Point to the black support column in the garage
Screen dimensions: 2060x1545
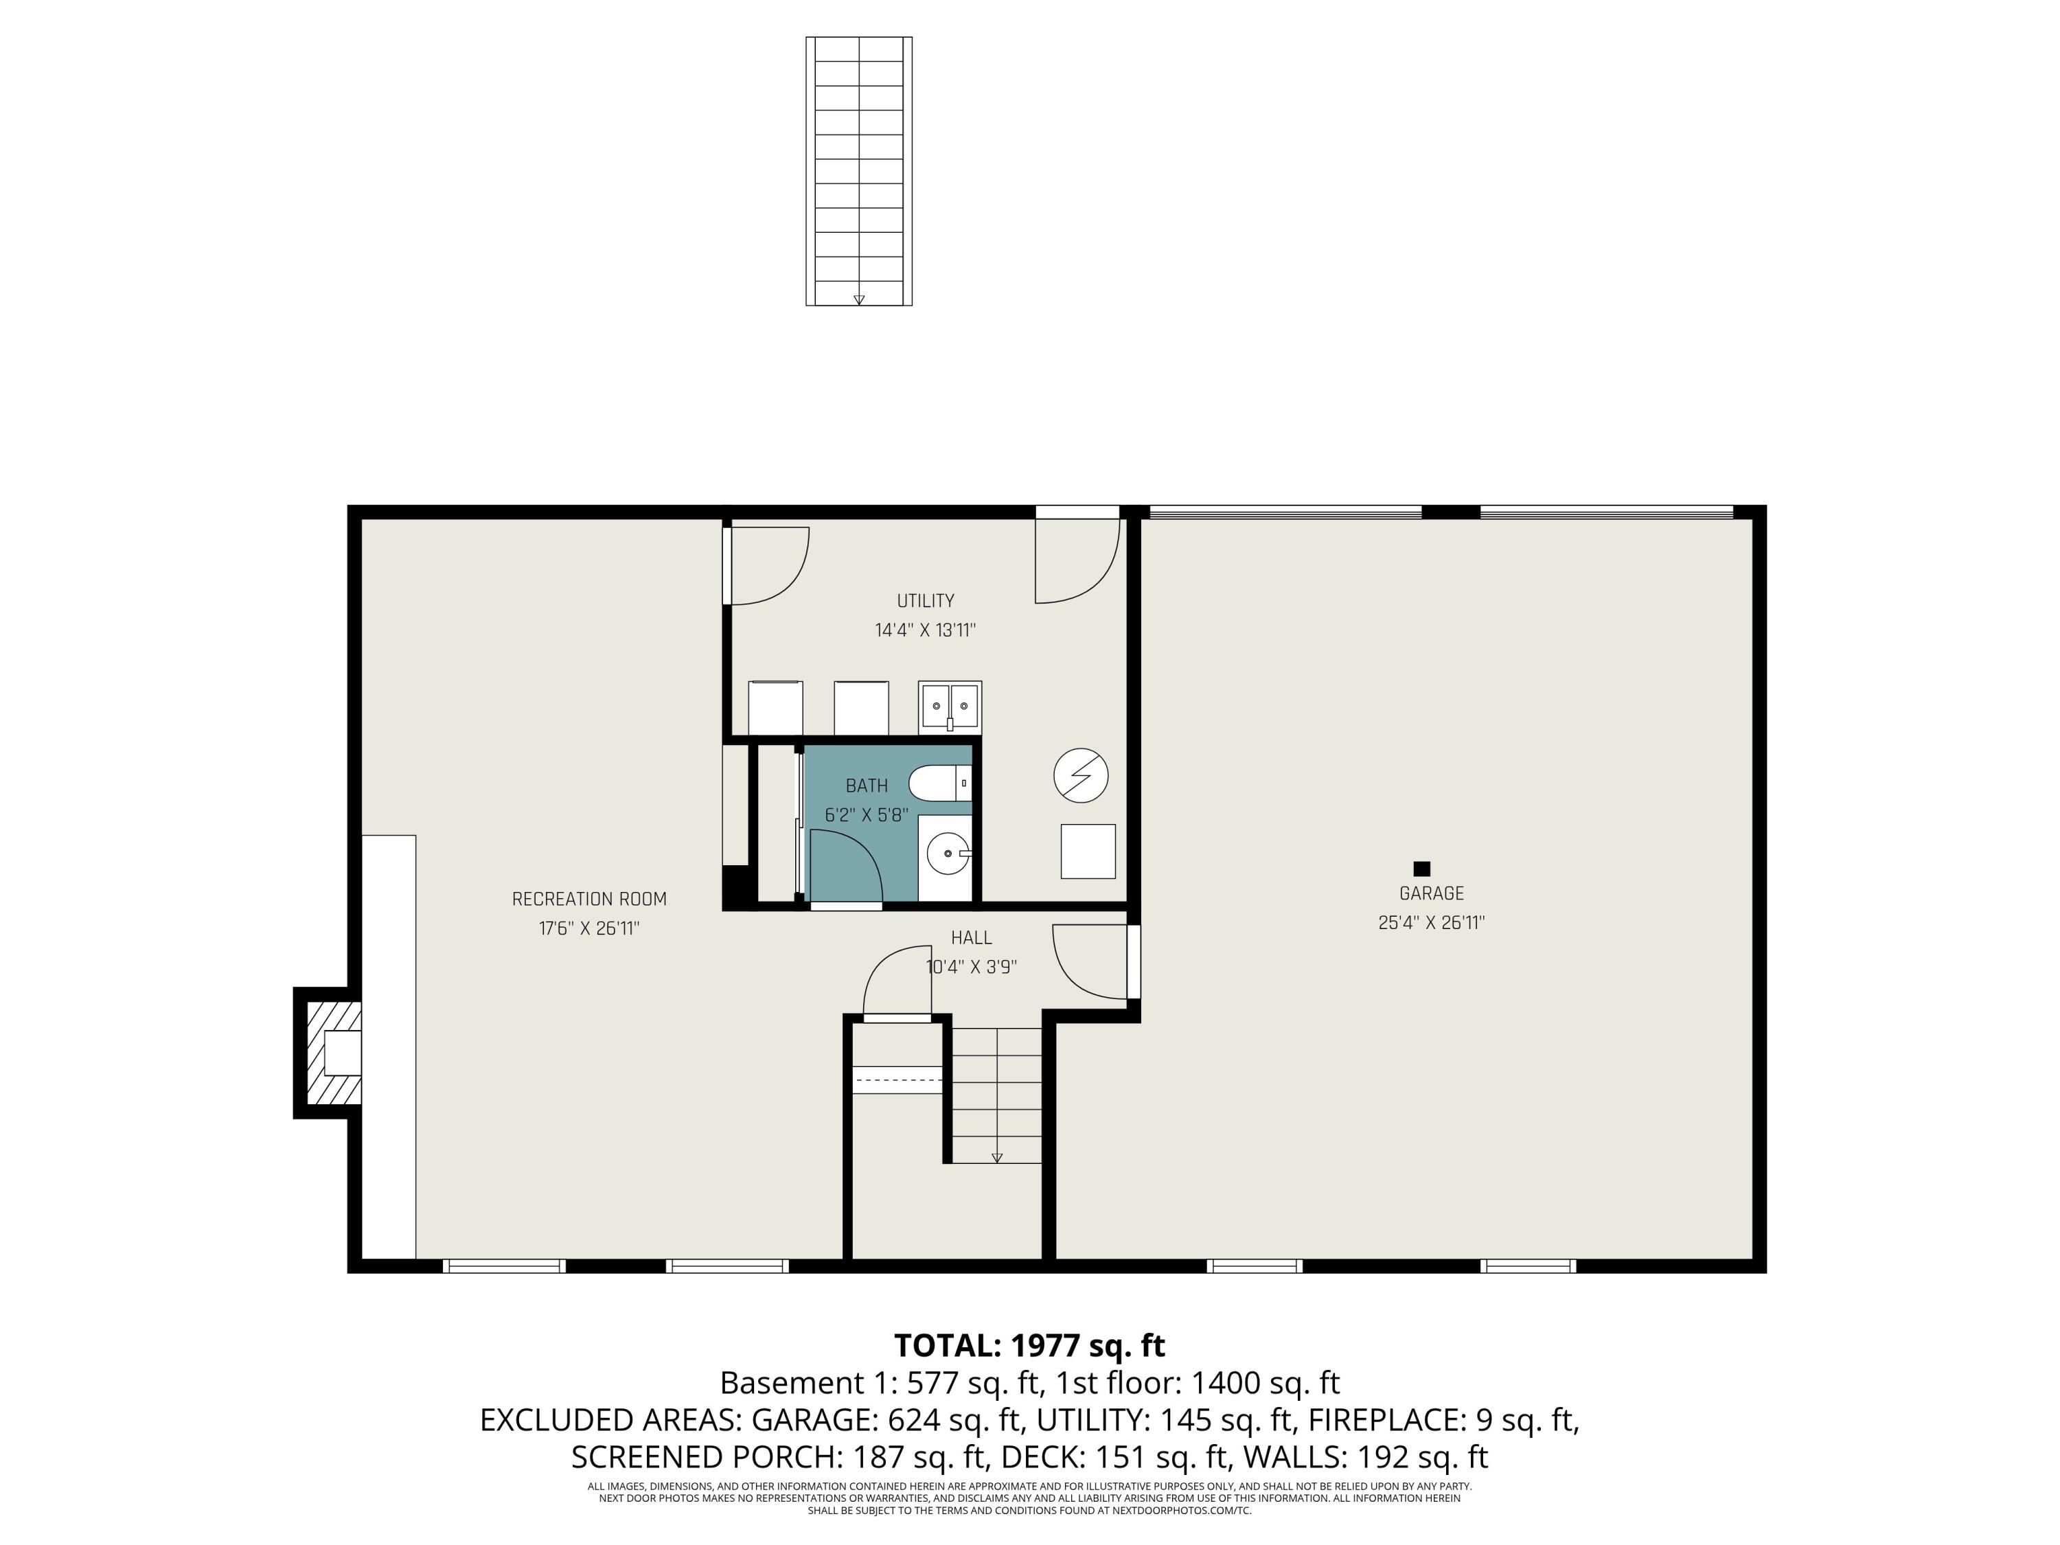(x=1421, y=869)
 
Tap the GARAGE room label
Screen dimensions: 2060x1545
(x=1432, y=893)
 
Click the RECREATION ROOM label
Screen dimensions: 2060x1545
(x=589, y=899)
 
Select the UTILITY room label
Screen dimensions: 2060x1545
(x=926, y=601)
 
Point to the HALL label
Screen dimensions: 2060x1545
(x=972, y=938)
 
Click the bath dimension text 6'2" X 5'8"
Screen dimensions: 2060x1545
(x=866, y=815)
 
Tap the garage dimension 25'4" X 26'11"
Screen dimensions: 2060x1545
(x=1432, y=923)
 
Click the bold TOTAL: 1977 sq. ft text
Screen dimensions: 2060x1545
(x=1030, y=1346)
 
